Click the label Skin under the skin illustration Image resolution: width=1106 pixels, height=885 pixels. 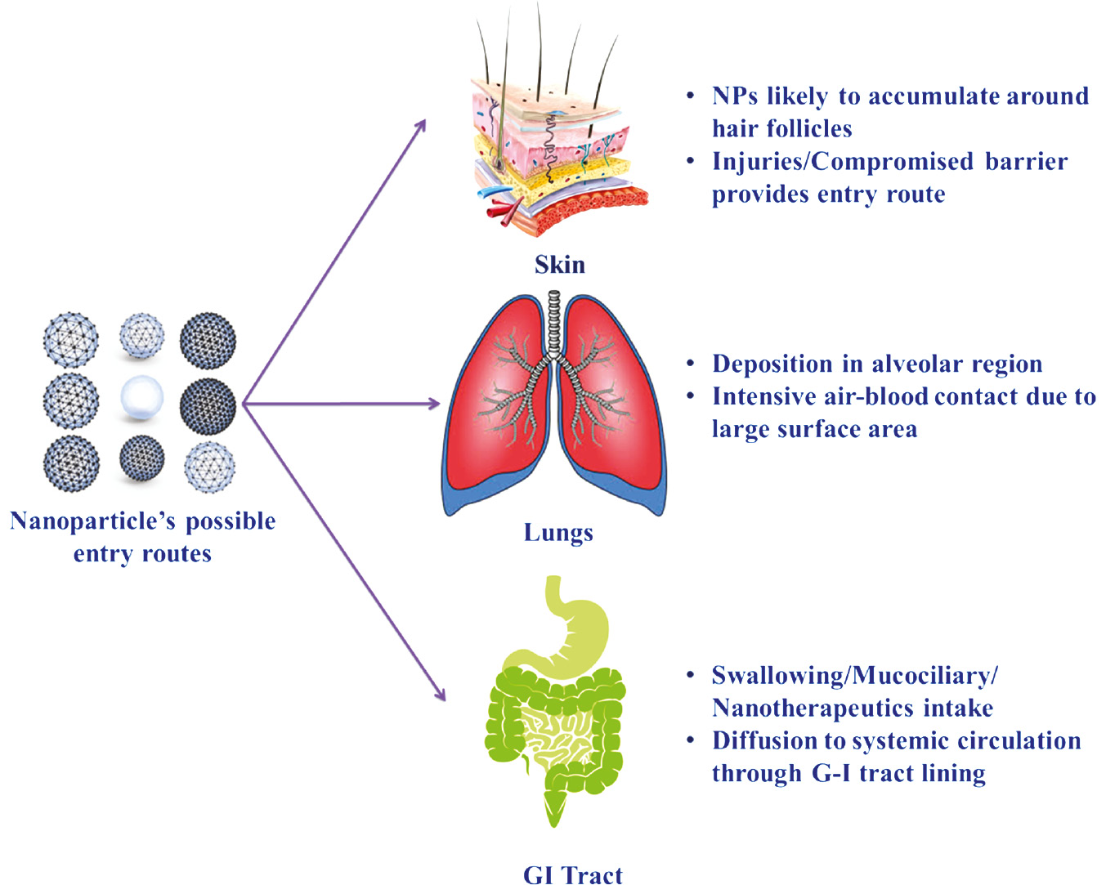point(560,265)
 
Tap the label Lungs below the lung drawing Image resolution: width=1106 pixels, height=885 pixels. point(558,533)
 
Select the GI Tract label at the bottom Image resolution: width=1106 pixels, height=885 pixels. point(573,874)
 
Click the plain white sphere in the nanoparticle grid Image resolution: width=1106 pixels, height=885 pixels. point(142,399)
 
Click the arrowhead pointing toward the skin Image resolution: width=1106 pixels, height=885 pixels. point(421,125)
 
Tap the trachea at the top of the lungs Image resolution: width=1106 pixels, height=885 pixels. point(555,323)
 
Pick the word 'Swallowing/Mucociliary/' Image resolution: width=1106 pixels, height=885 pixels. point(854,675)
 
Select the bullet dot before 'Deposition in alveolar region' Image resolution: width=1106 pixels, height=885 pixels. point(692,363)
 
